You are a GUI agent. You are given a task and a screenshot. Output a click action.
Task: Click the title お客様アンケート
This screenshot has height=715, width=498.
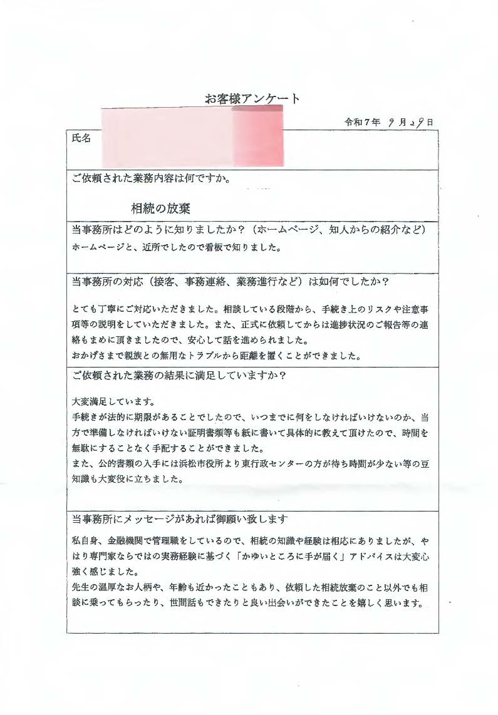click(252, 98)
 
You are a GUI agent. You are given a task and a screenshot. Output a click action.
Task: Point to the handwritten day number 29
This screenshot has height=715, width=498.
click(420, 122)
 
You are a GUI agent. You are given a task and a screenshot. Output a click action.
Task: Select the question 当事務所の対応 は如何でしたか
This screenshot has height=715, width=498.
click(231, 282)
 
